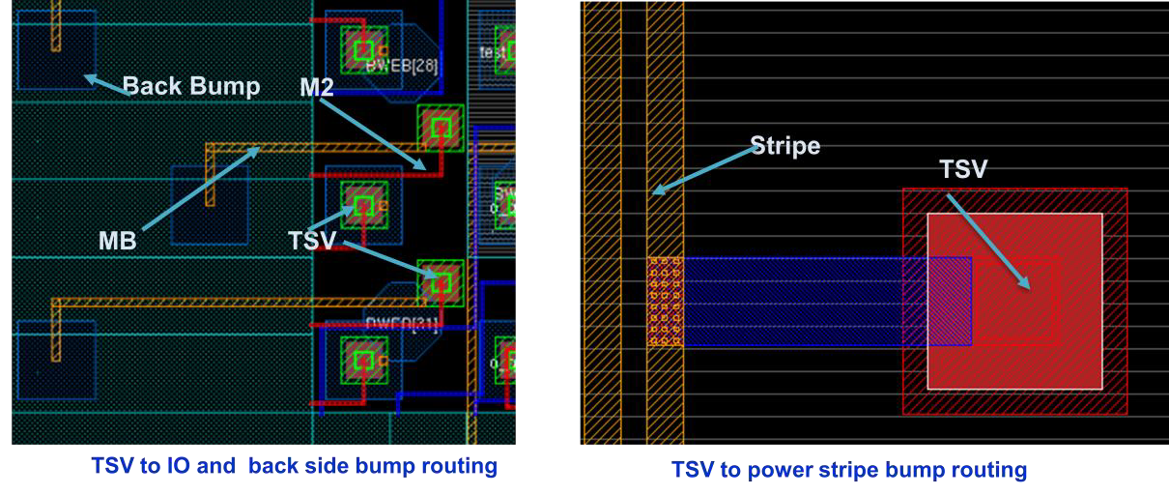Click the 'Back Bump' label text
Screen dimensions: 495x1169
click(x=192, y=87)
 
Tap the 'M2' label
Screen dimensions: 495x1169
click(x=320, y=88)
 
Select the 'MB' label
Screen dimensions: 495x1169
click(x=117, y=243)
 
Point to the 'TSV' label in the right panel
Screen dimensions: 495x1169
click(x=963, y=170)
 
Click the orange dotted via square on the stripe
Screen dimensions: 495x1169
click(x=665, y=302)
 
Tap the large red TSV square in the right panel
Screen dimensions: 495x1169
click(x=1014, y=301)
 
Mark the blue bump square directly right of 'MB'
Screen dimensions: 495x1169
click(x=209, y=205)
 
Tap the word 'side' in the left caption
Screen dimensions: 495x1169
click(x=345, y=467)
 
